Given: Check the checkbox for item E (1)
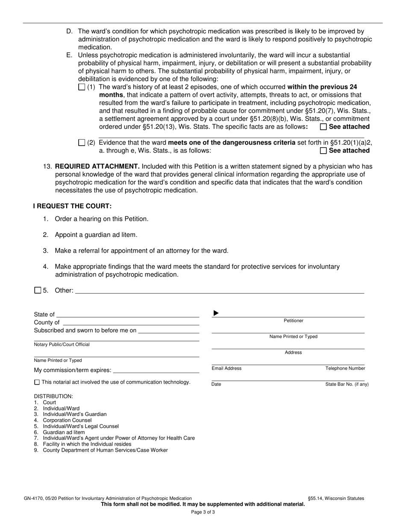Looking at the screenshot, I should [x=82, y=87].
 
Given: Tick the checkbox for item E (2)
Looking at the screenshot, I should [x=82, y=143].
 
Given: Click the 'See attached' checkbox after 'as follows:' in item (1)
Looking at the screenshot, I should [x=324, y=127].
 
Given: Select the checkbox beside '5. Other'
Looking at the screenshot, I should [x=38, y=290].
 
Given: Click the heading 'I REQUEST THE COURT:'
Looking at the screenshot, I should [x=72, y=206].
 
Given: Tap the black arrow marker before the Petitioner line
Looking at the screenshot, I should [x=216, y=313].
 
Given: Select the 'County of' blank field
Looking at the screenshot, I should [x=130, y=323].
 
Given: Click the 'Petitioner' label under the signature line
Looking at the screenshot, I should [x=293, y=321].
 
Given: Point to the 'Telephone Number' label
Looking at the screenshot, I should [x=345, y=368].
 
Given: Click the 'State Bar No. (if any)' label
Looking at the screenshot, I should [x=347, y=384].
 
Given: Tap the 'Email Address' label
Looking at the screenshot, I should [x=227, y=368].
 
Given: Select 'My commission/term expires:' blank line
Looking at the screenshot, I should [x=156, y=370].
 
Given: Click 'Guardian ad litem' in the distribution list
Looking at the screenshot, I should [x=64, y=432].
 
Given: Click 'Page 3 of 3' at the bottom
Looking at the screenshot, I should [x=203, y=512].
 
